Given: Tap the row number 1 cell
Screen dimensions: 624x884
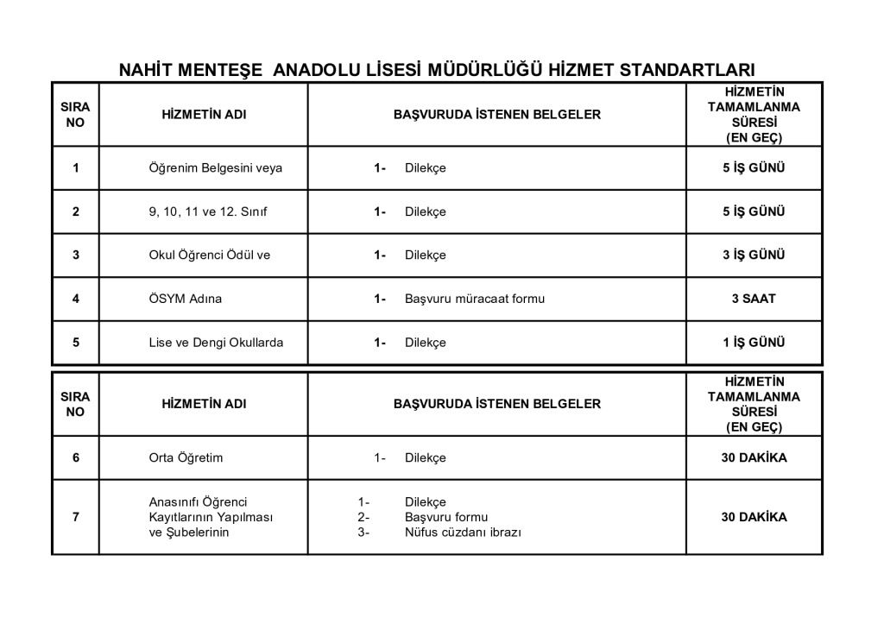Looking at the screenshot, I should point(76,168).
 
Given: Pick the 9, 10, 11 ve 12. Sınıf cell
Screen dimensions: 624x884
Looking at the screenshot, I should point(208,212).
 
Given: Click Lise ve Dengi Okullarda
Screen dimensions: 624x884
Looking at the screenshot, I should point(216,343).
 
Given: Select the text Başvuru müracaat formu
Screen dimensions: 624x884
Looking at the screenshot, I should point(475,299).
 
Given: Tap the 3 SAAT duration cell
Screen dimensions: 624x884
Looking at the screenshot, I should point(754,299).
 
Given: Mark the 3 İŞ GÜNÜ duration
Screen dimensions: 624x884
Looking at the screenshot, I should point(754,255).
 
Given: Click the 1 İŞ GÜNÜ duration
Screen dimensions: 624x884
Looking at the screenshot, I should point(754,343).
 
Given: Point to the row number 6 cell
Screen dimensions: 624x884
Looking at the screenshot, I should point(76,458).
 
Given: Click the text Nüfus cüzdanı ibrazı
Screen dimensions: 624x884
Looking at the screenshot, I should point(464,533).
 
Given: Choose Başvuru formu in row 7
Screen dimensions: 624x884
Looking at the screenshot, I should point(440,517).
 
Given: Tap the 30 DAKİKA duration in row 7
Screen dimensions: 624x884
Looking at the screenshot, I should point(754,517).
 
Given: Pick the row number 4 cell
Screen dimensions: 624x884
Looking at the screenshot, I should point(76,299).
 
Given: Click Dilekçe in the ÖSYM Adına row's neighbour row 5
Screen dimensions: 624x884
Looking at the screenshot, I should point(426,343).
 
